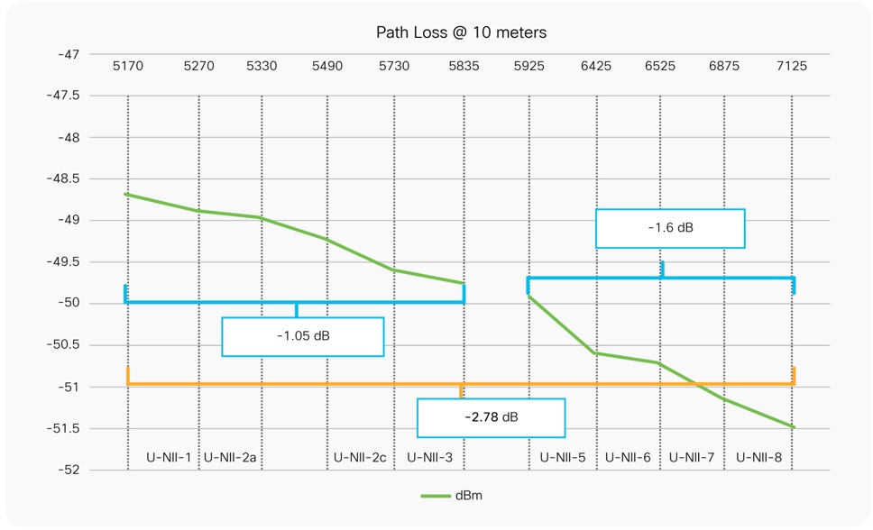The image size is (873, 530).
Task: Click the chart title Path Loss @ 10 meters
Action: click(461, 32)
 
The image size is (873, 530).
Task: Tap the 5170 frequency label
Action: click(127, 67)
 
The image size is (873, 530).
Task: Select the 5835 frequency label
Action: click(464, 67)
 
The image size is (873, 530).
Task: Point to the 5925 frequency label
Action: click(528, 67)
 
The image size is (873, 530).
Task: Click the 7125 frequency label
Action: click(792, 67)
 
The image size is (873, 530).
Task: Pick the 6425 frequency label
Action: click(595, 67)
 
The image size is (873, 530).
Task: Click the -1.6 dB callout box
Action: click(670, 228)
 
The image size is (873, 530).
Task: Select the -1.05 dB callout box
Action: click(303, 336)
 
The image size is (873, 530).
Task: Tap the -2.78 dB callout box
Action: click(491, 417)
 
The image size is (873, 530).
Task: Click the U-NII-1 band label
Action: click(169, 458)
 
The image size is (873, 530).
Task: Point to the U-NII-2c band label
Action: click(359, 458)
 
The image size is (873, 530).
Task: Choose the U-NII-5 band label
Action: click(563, 458)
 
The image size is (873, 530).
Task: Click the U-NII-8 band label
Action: click(758, 458)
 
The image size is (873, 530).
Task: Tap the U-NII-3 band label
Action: click(429, 458)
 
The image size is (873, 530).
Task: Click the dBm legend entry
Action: click(455, 496)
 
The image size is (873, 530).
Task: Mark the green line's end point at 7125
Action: click(794, 427)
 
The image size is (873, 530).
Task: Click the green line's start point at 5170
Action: click(127, 194)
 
